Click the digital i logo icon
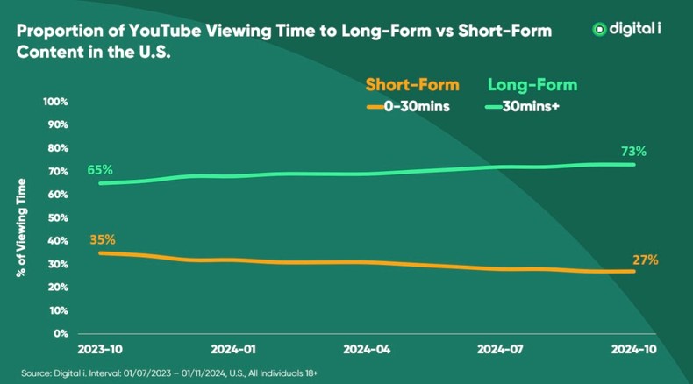[x=600, y=29]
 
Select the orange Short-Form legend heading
[x=411, y=85]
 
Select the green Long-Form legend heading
[x=532, y=85]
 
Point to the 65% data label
[x=100, y=168]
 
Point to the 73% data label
[x=633, y=151]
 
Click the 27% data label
[x=646, y=260]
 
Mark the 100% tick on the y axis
[x=55, y=102]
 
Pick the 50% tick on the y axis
[x=58, y=217]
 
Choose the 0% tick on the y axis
[x=60, y=333]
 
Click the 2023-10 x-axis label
[x=99, y=348]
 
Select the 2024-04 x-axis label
[x=367, y=348]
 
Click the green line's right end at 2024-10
[x=633, y=164]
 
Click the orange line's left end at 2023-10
[x=100, y=252]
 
